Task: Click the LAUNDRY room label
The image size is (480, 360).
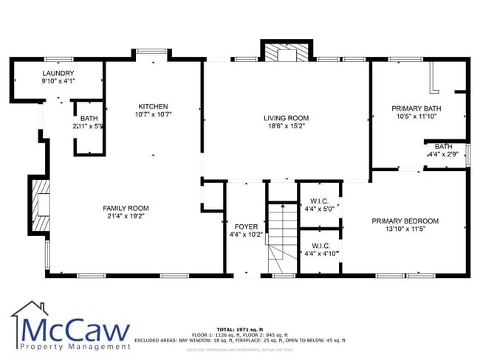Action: pos(58,73)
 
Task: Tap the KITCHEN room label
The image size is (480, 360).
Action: pos(153,106)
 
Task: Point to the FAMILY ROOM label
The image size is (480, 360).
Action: pos(126,208)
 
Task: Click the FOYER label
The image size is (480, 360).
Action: pos(245,226)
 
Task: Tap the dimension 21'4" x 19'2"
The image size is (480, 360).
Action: pos(126,216)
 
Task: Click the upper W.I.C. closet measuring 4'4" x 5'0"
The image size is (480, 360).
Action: pos(319,204)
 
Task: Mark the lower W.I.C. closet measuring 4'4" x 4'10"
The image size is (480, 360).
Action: pos(320,250)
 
